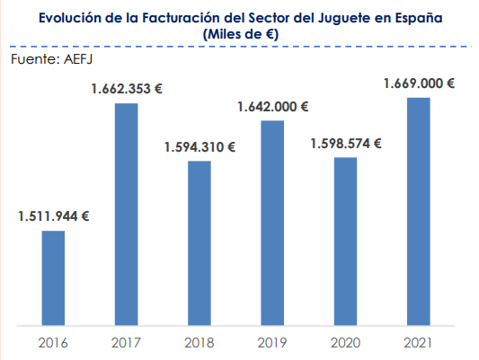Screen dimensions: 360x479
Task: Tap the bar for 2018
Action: tap(200, 241)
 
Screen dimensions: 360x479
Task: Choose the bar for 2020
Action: tap(345, 240)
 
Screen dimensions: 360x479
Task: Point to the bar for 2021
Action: tap(418, 210)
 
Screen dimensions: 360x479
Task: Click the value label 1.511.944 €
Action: tap(53, 215)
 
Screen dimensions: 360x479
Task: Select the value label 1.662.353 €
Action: tap(126, 88)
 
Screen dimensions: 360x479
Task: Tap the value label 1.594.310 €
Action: tap(200, 146)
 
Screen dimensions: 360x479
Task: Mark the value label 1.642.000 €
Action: tap(272, 106)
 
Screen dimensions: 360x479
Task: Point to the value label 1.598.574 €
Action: tap(345, 143)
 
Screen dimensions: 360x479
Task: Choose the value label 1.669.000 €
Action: tap(418, 83)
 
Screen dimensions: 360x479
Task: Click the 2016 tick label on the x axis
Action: tap(53, 342)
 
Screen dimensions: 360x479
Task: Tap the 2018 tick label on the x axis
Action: tap(200, 342)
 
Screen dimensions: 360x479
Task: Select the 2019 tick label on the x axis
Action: tap(272, 342)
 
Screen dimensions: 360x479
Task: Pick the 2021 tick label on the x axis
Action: tap(418, 342)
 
